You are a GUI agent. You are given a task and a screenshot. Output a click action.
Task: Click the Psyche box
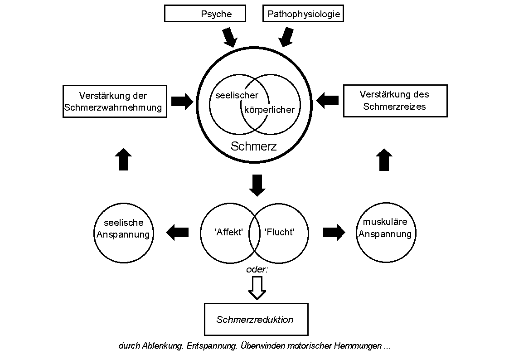click(205, 14)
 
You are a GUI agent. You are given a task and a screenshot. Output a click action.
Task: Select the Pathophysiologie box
click(303, 14)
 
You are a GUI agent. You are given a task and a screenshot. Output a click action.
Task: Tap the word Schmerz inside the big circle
click(253, 146)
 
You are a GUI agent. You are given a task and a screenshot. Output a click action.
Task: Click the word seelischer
click(237, 95)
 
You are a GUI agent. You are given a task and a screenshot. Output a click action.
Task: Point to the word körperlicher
click(269, 109)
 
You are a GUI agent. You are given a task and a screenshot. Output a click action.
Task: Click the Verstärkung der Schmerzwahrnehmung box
click(114, 102)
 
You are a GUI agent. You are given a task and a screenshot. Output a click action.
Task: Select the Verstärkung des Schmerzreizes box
click(395, 100)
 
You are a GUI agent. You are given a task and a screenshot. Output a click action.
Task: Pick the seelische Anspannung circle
click(123, 233)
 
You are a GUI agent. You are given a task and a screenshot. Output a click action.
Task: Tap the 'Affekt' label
click(229, 233)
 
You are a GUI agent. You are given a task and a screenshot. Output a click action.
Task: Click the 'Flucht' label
click(280, 233)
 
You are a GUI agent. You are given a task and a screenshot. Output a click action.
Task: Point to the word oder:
click(257, 269)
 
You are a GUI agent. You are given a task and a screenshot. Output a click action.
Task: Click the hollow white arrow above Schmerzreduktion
click(257, 287)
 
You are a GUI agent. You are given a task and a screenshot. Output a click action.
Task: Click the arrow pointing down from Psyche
click(229, 37)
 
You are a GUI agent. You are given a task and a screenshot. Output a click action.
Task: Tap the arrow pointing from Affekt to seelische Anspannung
click(177, 233)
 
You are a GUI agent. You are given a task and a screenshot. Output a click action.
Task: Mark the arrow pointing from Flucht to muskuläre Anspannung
click(334, 233)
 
